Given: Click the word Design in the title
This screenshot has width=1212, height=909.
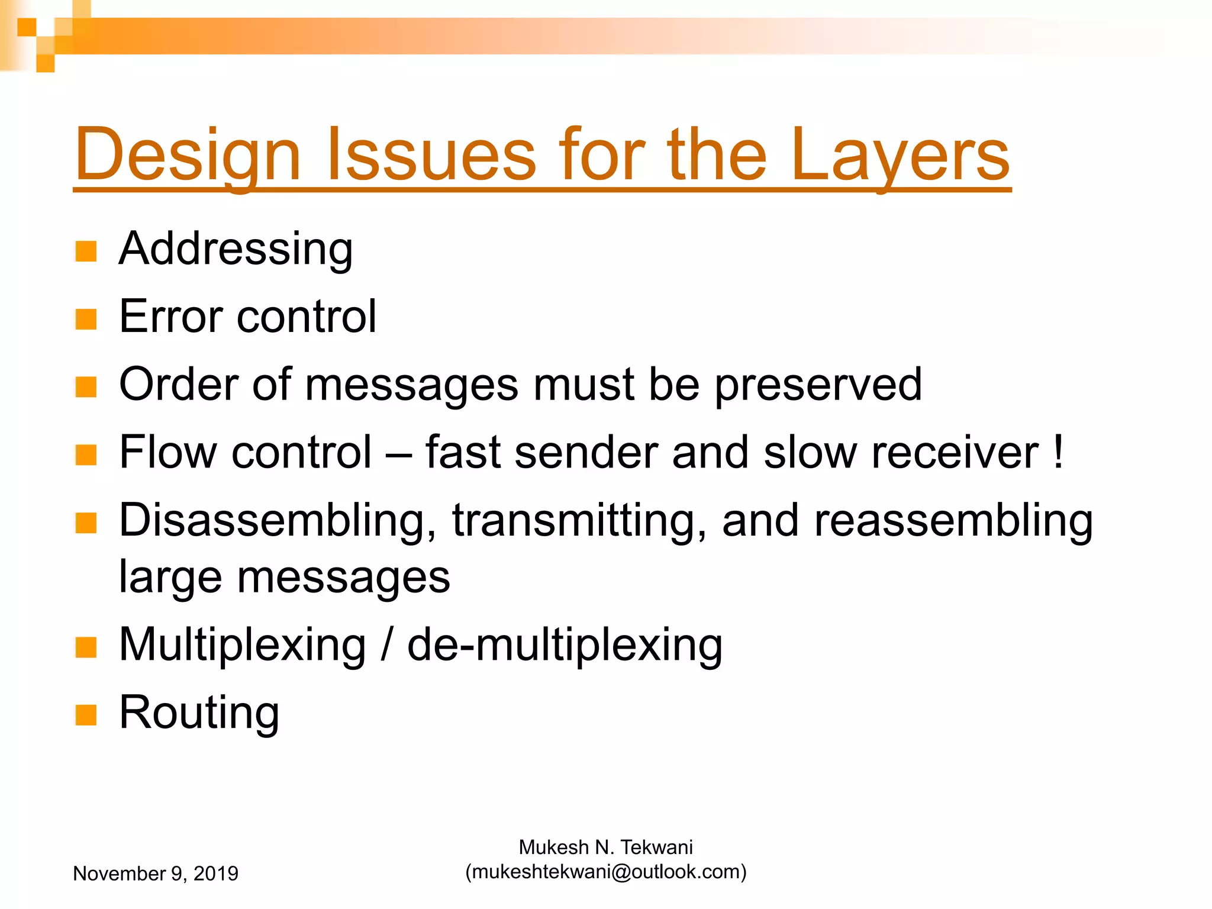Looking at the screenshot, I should [x=188, y=155].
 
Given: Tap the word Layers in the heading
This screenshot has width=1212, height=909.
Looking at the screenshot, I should [x=900, y=155].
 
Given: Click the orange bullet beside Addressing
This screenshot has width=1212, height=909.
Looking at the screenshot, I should [x=86, y=251].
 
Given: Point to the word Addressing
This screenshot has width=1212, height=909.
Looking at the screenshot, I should [x=236, y=249].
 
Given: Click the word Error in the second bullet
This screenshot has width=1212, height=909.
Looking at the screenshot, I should [x=170, y=317].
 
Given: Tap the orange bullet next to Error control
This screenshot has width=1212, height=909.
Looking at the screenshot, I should [x=86, y=319].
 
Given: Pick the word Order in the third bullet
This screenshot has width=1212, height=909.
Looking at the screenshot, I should [x=180, y=385].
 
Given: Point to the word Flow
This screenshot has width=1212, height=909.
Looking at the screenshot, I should [x=168, y=453].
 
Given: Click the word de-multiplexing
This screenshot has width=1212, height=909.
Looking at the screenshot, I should [x=565, y=645].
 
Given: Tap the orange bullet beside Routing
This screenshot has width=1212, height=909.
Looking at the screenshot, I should [x=86, y=715].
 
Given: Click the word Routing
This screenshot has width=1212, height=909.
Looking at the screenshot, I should [x=199, y=713].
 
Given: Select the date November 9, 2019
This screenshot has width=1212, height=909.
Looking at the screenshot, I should [x=156, y=873].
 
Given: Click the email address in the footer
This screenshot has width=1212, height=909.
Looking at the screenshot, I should [x=606, y=872].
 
